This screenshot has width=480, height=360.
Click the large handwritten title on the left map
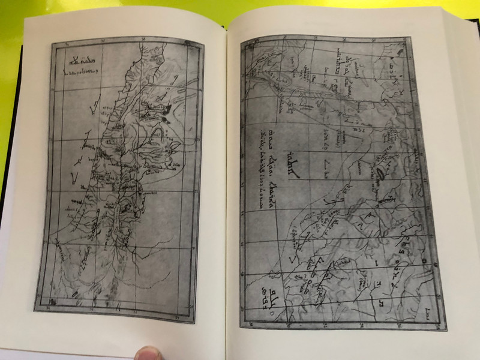[x=80, y=59]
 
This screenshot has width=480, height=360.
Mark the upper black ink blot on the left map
[x=167, y=108]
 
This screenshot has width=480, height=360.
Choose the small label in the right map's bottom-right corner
[x=427, y=309]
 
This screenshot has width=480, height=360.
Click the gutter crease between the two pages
[x=227, y=180]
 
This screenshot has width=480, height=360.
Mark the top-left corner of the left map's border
[x=52, y=43]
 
